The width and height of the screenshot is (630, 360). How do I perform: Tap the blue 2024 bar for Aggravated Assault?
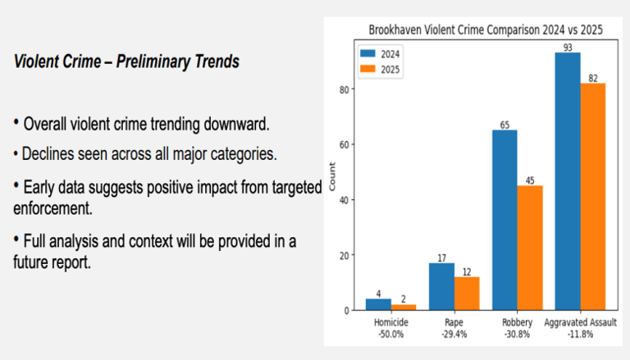click(568, 180)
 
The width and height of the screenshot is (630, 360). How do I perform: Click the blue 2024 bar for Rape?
click(441, 286)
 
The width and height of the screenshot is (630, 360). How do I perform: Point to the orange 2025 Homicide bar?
click(403, 307)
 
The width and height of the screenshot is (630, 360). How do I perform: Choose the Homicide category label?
click(390, 323)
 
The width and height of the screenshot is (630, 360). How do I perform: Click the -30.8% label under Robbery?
click(518, 335)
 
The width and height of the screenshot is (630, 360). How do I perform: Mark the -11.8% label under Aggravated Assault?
click(581, 335)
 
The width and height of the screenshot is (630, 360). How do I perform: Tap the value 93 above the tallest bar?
click(568, 46)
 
